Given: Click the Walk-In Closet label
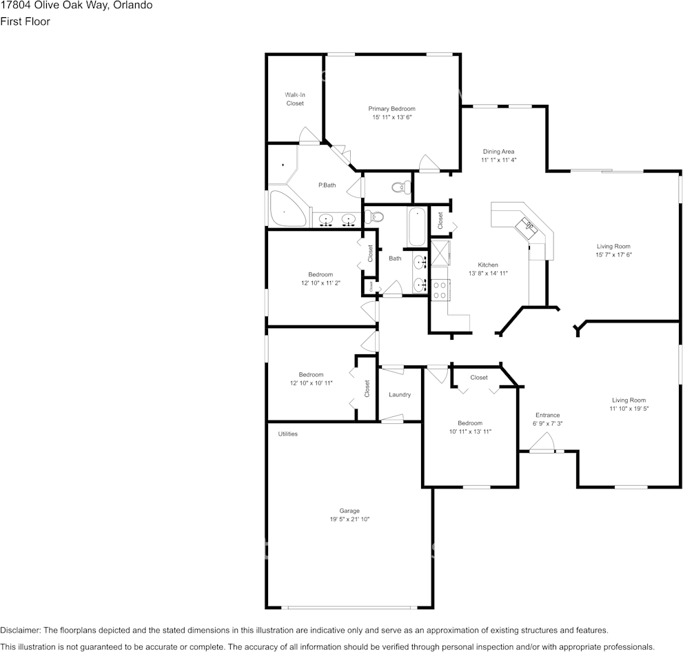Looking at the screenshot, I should click(x=295, y=99).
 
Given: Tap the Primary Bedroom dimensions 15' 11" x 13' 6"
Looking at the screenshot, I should click(x=391, y=118).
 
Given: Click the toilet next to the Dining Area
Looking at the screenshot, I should click(x=400, y=186).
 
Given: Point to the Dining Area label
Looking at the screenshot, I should click(x=498, y=152).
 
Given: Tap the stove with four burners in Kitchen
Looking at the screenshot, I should click(x=439, y=289).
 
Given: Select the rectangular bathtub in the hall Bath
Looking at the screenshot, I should click(x=417, y=227).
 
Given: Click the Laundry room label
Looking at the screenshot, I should click(x=400, y=395).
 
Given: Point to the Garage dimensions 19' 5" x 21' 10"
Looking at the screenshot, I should click(x=349, y=520).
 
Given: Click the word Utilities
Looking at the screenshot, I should click(x=288, y=434).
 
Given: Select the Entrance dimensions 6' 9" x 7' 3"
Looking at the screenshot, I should click(x=547, y=424).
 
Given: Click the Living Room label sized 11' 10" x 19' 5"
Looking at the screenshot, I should click(x=629, y=400).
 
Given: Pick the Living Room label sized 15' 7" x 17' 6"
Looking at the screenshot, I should click(x=613, y=246).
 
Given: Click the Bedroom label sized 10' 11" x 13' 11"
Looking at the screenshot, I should click(x=470, y=423).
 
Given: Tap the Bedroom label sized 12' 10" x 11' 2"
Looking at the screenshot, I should click(x=320, y=274).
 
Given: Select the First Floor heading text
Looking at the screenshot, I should click(x=25, y=21).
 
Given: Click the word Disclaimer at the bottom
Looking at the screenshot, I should click(x=20, y=631).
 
